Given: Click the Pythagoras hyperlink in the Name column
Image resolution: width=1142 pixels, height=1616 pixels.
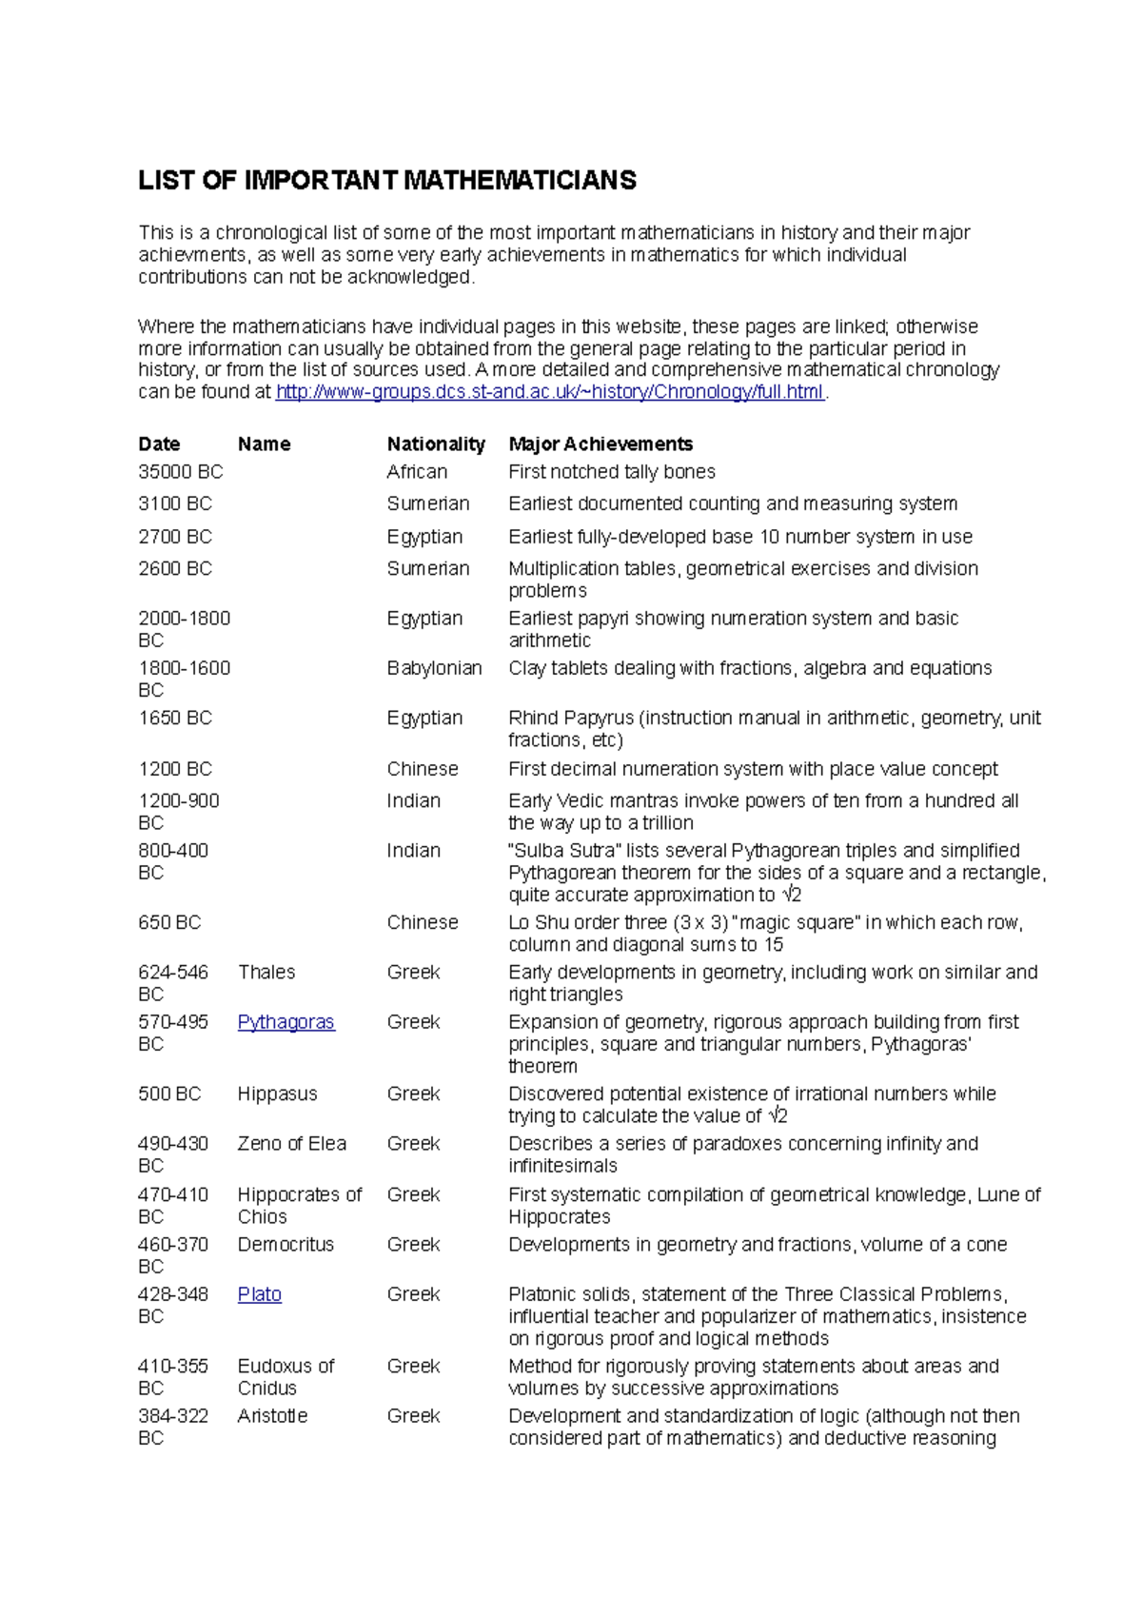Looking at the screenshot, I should click(x=285, y=1022).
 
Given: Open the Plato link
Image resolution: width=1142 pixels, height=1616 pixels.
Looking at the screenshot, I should click(x=259, y=1294).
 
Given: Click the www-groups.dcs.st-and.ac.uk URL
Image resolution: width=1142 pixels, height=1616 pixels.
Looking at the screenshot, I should click(x=549, y=392).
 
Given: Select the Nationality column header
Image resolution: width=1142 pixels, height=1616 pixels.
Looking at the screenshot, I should click(x=435, y=444).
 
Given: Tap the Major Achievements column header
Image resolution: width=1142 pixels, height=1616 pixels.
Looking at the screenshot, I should click(x=600, y=444).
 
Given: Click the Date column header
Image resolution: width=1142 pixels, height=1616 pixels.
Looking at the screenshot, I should click(x=159, y=444).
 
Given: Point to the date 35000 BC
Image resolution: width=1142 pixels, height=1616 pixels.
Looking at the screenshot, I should click(x=180, y=472).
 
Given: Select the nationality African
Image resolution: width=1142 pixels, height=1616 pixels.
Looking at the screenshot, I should click(x=416, y=472).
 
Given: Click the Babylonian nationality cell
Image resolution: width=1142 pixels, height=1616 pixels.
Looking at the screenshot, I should click(x=434, y=668).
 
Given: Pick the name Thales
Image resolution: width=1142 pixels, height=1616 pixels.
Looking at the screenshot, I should click(x=266, y=972).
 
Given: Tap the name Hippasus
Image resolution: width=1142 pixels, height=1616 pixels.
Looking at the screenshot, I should click(x=277, y=1094).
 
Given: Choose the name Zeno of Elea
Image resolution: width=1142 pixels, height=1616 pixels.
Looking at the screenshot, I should click(x=291, y=1144).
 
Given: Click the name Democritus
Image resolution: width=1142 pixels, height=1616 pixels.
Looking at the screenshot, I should click(x=285, y=1245).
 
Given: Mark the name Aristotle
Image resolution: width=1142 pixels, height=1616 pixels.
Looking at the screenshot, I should click(x=272, y=1416).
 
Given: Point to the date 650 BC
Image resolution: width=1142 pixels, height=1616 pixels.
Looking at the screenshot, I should click(x=169, y=922).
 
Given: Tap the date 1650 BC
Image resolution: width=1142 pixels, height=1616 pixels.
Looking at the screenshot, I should click(x=174, y=718).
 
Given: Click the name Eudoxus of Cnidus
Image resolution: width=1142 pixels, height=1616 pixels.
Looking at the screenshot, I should click(x=285, y=1377).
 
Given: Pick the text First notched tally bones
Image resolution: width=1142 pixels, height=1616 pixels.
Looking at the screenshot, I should click(x=611, y=472).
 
